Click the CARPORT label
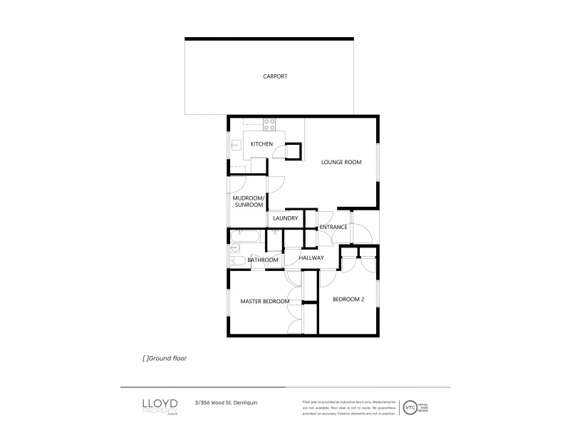(274, 76)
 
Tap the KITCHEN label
(261, 145)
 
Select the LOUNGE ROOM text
(341, 163)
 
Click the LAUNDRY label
(285, 218)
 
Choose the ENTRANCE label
(333, 228)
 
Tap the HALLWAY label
(311, 258)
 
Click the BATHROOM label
(262, 260)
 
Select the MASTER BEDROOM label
(264, 302)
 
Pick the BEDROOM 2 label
(348, 300)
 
